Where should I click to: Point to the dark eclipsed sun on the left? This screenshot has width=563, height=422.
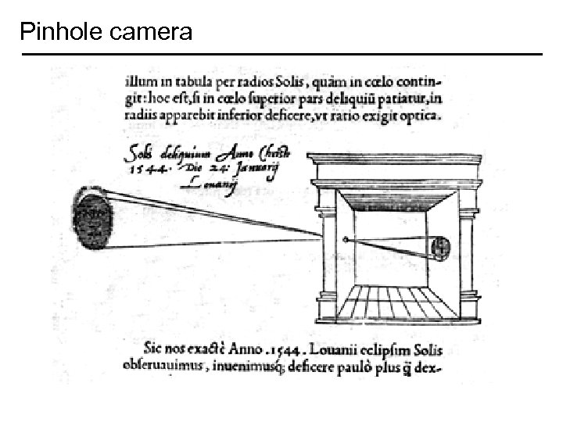(x=92, y=218)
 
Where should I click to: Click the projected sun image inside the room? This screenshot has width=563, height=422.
(x=440, y=248)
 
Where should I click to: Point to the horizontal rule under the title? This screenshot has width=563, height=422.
(x=281, y=54)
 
